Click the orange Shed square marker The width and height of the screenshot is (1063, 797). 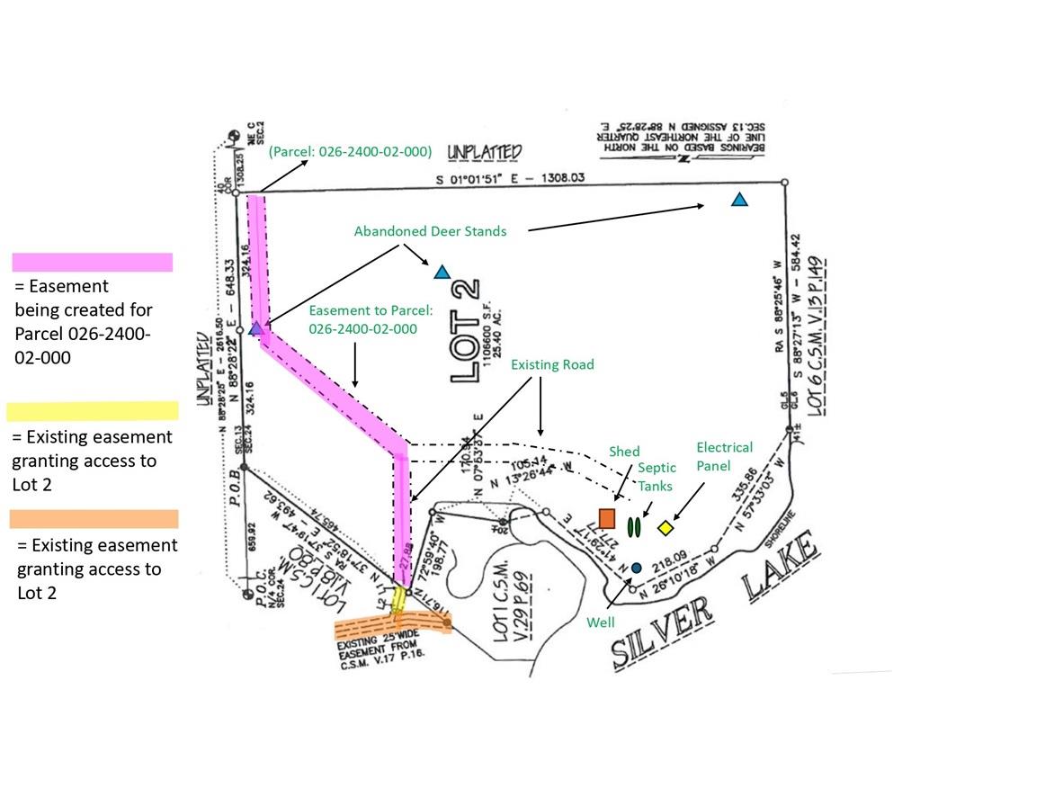pyautogui.click(x=606, y=519)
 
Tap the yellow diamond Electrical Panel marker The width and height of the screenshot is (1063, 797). pyautogui.click(x=665, y=528)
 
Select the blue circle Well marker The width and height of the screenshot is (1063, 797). pyautogui.click(x=636, y=568)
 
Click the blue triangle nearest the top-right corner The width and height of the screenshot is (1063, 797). pyautogui.click(x=739, y=200)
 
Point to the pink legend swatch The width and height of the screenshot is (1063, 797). pyautogui.click(x=92, y=262)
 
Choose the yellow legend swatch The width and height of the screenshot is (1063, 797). pyautogui.click(x=92, y=411)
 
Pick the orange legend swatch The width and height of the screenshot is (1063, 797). pyautogui.click(x=94, y=519)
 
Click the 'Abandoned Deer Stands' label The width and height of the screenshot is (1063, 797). pyautogui.click(x=430, y=231)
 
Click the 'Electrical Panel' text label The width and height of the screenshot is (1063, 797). pyautogui.click(x=725, y=455)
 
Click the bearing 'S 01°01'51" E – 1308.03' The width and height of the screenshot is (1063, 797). pyautogui.click(x=511, y=178)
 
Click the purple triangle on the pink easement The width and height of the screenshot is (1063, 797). pyautogui.click(x=257, y=328)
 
